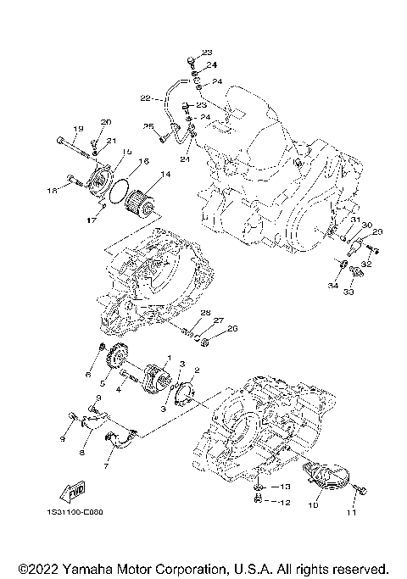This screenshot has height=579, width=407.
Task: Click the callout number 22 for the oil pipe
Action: click(x=145, y=98)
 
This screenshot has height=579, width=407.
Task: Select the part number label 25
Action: click(x=148, y=126)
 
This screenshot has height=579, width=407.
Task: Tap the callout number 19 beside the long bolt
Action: click(x=77, y=129)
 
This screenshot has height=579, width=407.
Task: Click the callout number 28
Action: click(x=205, y=314)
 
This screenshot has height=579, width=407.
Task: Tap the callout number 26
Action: click(x=232, y=329)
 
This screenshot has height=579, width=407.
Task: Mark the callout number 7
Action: click(x=108, y=466)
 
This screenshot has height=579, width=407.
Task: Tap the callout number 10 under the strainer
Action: click(x=313, y=505)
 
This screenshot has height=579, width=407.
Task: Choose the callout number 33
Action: click(x=348, y=291)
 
